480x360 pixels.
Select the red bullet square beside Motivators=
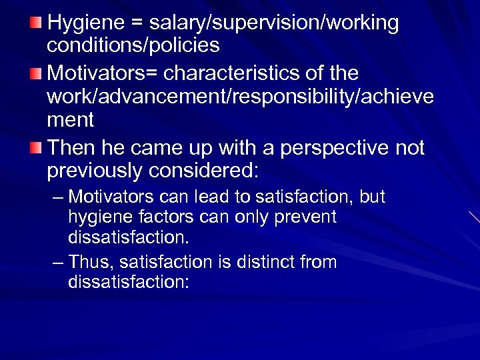point(37,72)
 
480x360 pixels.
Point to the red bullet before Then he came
point(37,146)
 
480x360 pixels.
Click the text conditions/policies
point(133,46)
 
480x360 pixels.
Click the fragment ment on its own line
point(71,121)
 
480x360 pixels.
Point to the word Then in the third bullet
point(69,146)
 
